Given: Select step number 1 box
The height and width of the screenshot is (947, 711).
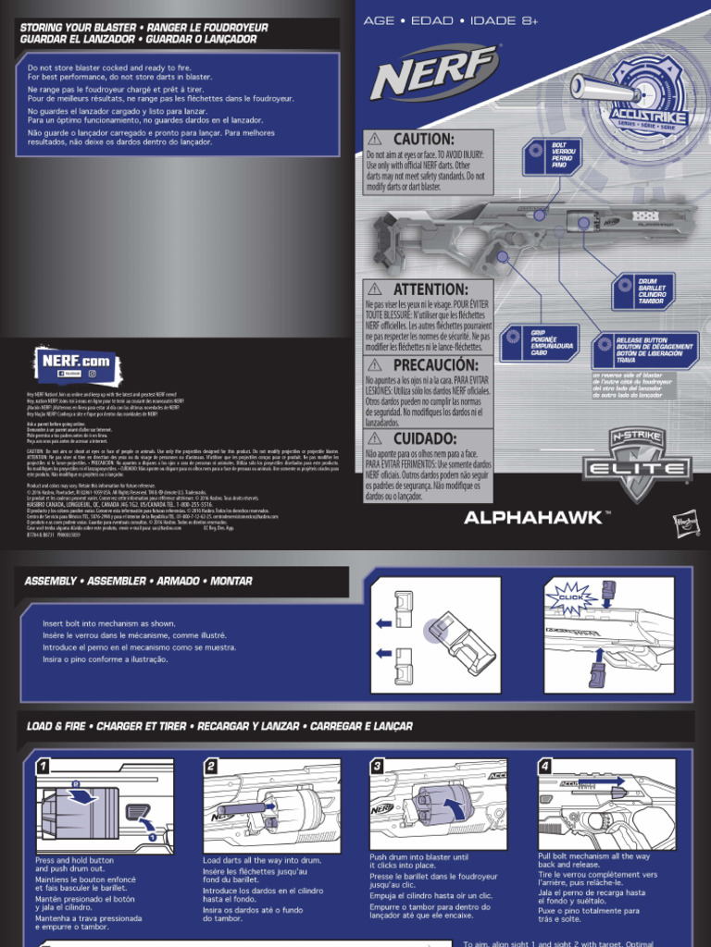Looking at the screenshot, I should [43, 767].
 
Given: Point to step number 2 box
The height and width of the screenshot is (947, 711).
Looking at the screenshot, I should [211, 767].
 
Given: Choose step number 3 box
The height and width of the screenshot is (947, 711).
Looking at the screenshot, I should [378, 767].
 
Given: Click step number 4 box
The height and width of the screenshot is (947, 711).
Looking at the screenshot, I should [545, 767].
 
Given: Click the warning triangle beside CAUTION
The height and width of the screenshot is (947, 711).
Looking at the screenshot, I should [376, 139].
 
